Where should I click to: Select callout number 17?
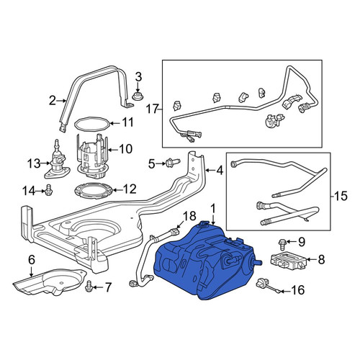tap(153, 109)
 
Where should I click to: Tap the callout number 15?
tap(341, 196)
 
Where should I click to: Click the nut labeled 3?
tap(138, 96)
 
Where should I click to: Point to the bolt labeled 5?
tap(172, 163)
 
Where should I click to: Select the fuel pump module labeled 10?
tap(92, 156)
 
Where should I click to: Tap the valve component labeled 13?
tap(57, 160)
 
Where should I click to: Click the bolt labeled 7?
tap(89, 286)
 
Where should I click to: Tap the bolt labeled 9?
tap(282, 245)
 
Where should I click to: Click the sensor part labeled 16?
tap(268, 286)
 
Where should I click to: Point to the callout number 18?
tap(190, 216)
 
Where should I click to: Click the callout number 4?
tap(220, 171)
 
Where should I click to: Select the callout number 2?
tap(53, 101)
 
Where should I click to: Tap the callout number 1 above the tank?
tap(213, 209)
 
